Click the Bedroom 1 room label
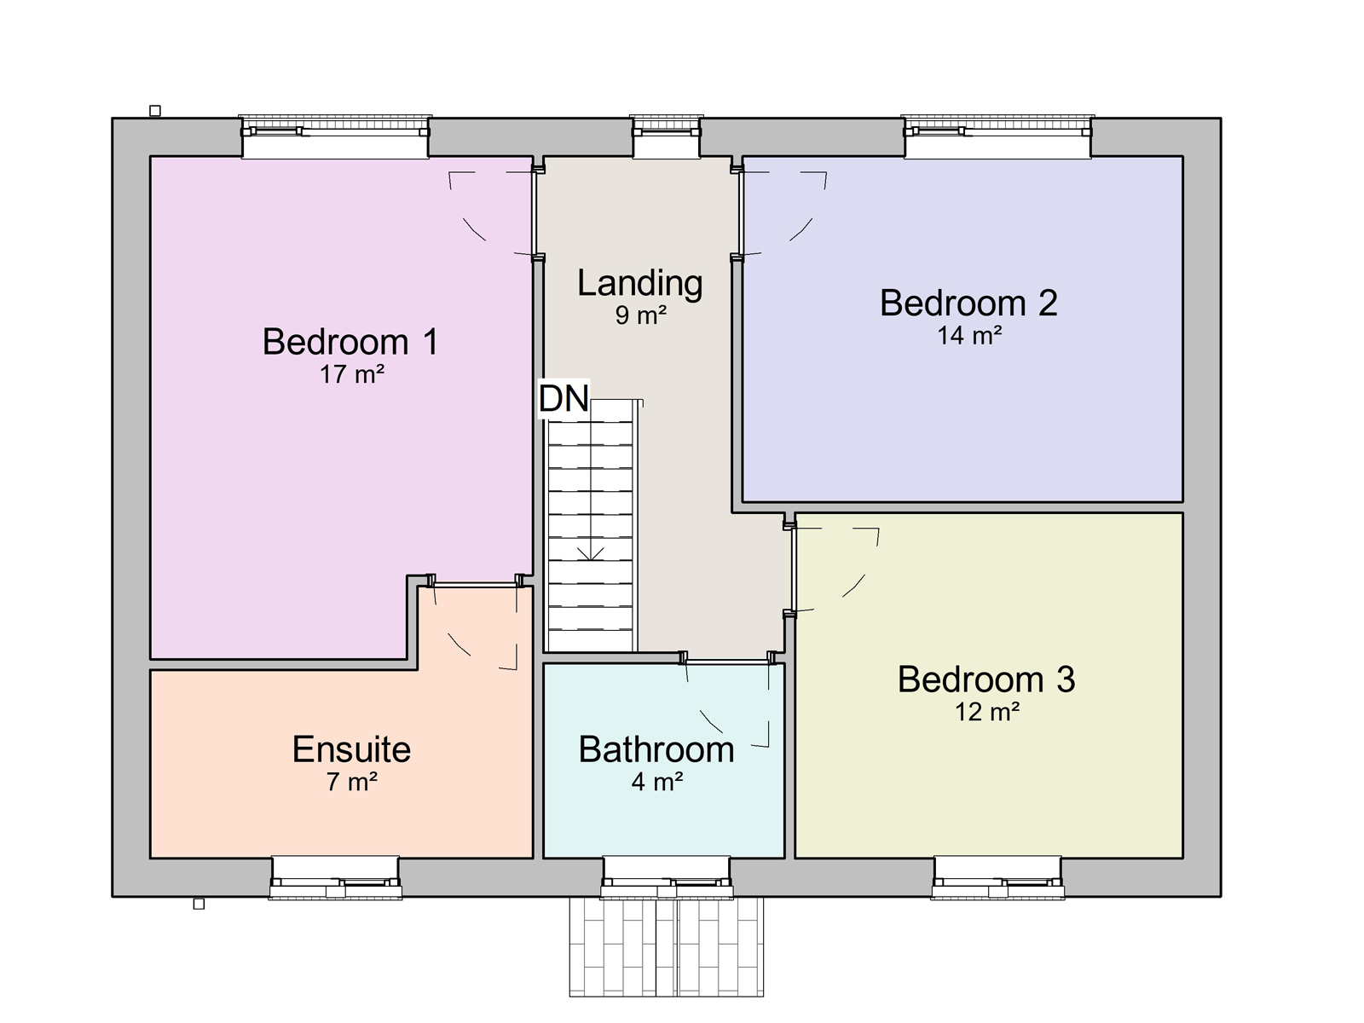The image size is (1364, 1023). [350, 342]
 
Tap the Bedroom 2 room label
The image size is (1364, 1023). [968, 303]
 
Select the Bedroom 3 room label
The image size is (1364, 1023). [986, 679]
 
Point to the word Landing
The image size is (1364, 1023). [640, 283]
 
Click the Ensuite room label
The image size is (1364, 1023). [352, 749]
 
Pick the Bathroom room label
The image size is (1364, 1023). [656, 749]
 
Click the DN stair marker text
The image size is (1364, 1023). [564, 398]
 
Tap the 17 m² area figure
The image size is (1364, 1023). [352, 374]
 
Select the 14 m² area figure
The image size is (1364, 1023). [969, 335]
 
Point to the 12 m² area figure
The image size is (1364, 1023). [987, 712]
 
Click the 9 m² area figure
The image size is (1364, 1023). [641, 315]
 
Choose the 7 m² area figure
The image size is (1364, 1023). [352, 782]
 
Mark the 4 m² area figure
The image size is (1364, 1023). [656, 782]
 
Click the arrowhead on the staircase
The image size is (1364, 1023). [590, 555]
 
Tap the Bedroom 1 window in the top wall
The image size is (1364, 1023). [335, 136]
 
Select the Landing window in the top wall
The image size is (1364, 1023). [667, 136]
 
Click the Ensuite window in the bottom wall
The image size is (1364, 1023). [335, 878]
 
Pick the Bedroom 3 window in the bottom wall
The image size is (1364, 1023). [997, 878]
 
